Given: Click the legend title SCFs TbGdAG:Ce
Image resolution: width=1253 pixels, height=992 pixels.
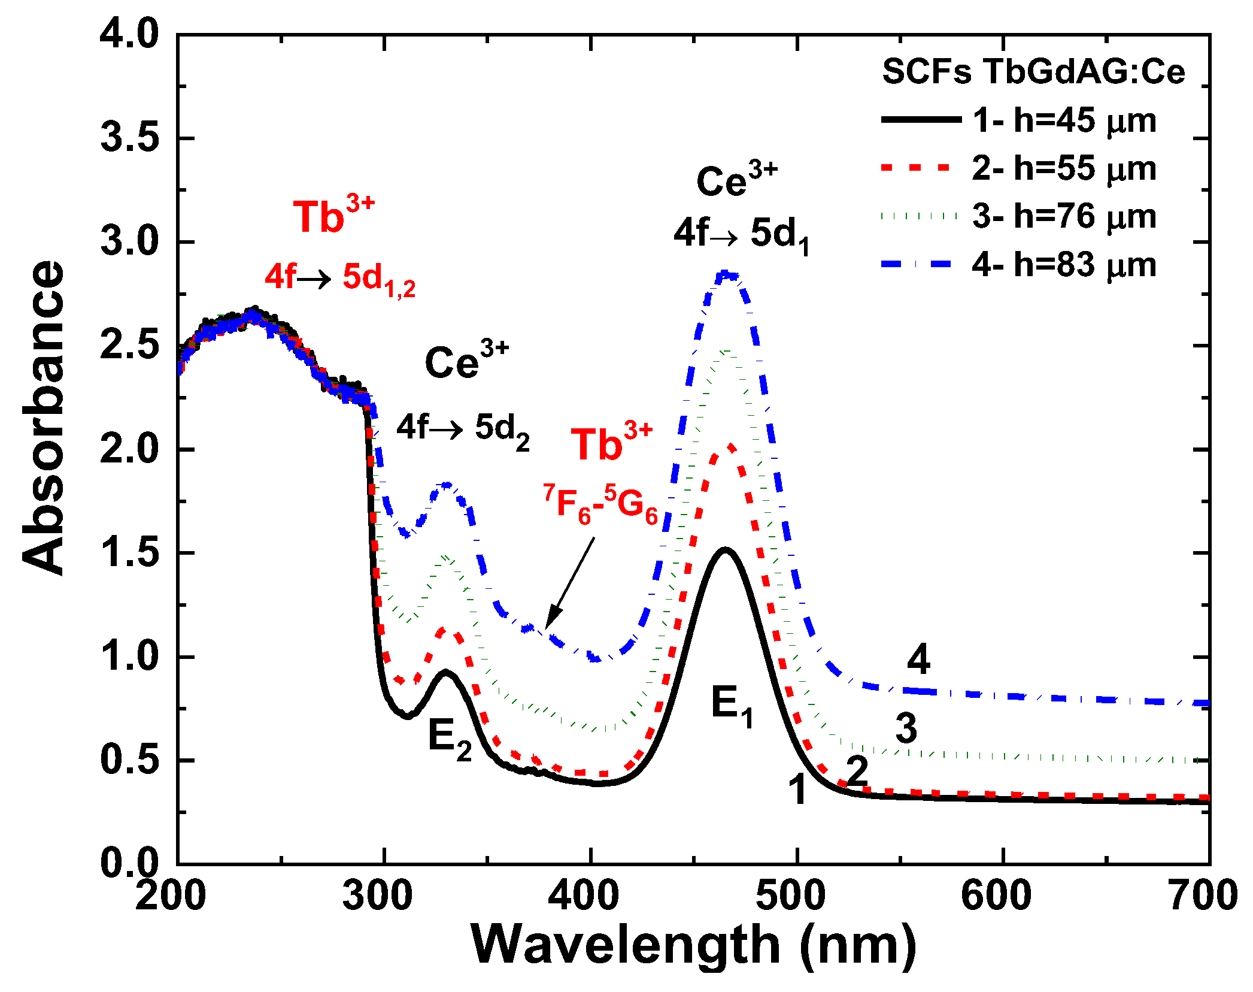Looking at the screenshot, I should click(x=1033, y=72).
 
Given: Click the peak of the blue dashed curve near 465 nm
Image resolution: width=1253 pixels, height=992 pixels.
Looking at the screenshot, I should click(x=726, y=275).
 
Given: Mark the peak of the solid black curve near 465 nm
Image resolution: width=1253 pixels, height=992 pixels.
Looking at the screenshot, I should click(x=726, y=549).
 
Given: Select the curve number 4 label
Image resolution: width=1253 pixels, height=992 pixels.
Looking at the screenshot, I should click(x=918, y=660).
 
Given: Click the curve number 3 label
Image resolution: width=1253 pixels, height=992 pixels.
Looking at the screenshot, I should click(x=906, y=728).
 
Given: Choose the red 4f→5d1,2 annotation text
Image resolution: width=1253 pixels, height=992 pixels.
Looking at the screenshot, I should click(x=340, y=279).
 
